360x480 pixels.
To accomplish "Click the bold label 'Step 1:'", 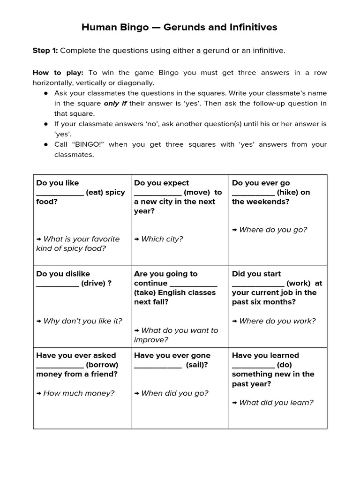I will (45, 51).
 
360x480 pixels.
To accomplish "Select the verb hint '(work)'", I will (298, 283).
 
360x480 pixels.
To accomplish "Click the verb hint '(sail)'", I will (197, 365).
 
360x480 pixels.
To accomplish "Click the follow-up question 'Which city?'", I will (162, 239).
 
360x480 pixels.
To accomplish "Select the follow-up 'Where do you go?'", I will (273, 230).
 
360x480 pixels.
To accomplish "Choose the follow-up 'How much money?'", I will (79, 393).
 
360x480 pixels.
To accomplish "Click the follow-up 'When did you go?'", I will (174, 393).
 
